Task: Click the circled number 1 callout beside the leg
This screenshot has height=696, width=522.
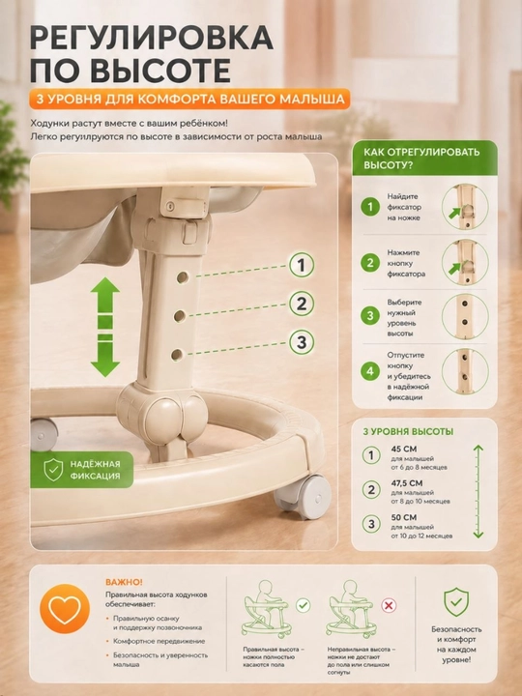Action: (302, 266)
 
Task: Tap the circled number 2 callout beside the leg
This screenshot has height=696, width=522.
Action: (302, 304)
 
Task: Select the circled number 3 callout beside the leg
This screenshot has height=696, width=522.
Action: (302, 342)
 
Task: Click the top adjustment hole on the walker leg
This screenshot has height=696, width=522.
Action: (183, 277)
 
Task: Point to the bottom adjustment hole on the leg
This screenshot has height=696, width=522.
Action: (177, 355)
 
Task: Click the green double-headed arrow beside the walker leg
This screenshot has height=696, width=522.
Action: (105, 327)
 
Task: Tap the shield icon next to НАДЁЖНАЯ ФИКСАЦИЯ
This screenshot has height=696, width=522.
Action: (53, 470)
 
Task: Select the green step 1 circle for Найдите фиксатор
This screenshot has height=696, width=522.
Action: (369, 207)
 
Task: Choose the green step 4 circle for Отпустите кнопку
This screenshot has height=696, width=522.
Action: (369, 371)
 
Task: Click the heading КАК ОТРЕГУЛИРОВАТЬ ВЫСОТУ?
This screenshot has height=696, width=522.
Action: (421, 159)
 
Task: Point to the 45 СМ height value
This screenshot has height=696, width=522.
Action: (404, 449)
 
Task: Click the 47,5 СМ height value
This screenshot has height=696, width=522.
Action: (407, 483)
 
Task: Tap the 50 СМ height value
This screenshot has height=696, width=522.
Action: (404, 517)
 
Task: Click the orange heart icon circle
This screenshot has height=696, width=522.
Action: (65, 609)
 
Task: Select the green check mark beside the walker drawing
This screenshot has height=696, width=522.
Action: (304, 605)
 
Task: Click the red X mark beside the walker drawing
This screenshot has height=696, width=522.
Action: (389, 605)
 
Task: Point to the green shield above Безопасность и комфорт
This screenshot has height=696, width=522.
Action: (456, 602)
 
